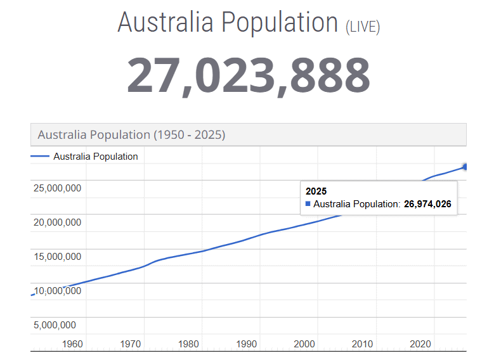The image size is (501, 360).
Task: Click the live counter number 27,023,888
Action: click(x=249, y=75)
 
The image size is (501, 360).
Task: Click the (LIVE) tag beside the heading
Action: click(x=363, y=27)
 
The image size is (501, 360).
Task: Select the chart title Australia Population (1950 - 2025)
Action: click(x=131, y=134)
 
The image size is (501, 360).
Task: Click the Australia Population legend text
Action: click(x=95, y=157)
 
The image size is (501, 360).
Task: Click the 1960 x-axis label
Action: click(x=73, y=344)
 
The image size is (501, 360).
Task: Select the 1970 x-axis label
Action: click(x=131, y=344)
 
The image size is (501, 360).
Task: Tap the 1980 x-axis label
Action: click(x=188, y=344)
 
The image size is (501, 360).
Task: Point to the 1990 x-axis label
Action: click(x=247, y=344)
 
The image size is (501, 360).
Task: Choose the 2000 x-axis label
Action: click(x=304, y=344)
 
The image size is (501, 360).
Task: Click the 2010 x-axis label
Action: click(x=362, y=344)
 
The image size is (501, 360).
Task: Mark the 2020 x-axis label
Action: click(x=420, y=344)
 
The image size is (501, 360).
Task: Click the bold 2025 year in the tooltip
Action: click(x=316, y=191)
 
